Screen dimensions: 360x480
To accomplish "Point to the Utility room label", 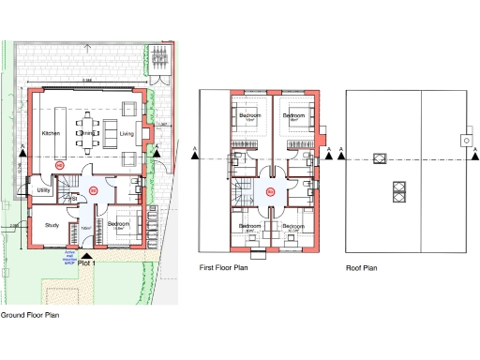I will tap(42, 190).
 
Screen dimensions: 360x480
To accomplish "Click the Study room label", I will tap(39, 225).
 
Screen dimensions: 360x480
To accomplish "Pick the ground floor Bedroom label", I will tap(117, 224).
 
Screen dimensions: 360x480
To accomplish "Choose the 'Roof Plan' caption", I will tap(361, 268).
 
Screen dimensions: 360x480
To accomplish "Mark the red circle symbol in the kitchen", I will tap(61, 166).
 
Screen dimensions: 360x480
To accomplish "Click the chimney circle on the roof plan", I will tap(464, 141).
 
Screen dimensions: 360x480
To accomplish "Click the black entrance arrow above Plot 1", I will tap(87, 253).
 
